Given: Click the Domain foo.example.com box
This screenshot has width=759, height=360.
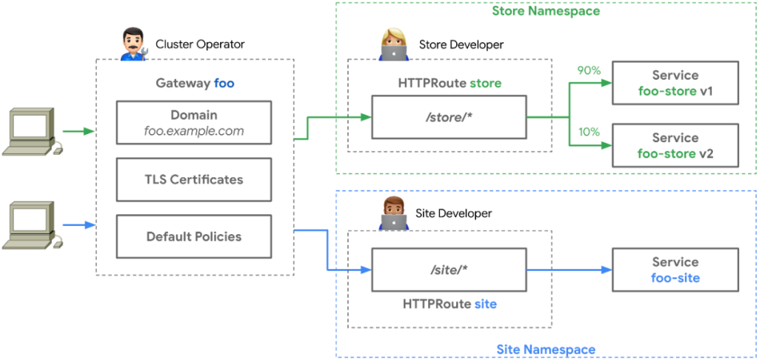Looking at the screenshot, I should point(194,123).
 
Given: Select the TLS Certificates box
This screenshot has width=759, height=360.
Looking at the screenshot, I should point(194,179).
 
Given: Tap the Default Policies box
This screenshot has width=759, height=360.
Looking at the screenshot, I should point(194,237).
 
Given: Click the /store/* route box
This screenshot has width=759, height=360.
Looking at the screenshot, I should point(449,117).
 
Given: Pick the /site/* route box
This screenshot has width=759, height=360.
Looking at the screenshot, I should point(449,270).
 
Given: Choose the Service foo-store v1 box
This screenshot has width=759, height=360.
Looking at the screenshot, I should point(675,84).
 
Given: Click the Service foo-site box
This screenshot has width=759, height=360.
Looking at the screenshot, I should point(675,270).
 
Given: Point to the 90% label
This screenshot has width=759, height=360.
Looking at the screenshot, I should point(589,72).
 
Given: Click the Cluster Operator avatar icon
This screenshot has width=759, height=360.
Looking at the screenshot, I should point(133,44).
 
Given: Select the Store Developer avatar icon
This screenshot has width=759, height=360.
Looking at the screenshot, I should point(393,44).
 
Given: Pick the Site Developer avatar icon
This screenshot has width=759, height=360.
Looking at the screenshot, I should point(393,213).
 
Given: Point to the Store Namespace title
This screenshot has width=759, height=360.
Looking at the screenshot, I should point(546,11).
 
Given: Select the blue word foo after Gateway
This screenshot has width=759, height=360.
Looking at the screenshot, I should point(224,83).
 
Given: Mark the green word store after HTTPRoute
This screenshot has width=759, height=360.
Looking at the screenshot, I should point(485,83).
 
